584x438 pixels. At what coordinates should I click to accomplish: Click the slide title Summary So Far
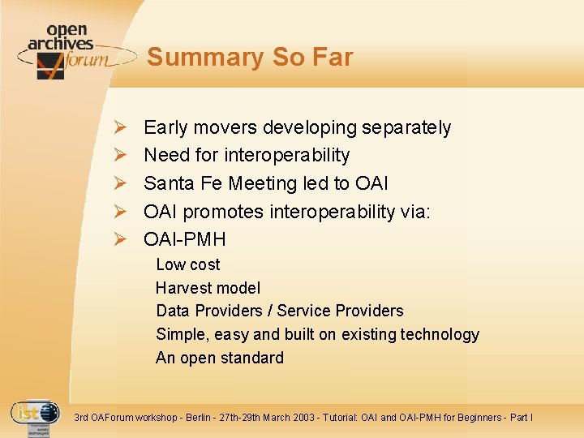pyautogui.click(x=250, y=58)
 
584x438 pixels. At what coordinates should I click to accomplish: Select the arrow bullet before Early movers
pyautogui.click(x=118, y=127)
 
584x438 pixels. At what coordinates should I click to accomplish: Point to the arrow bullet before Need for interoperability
pyautogui.click(x=118, y=155)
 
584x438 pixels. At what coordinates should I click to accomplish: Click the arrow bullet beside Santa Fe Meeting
pyautogui.click(x=118, y=183)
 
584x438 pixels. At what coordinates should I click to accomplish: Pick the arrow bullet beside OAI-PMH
pyautogui.click(x=118, y=239)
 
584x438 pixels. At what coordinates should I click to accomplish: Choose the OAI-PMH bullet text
pyautogui.click(x=184, y=239)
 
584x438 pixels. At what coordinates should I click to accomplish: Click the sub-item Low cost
pyautogui.click(x=187, y=264)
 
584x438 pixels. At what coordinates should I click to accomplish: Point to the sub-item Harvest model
pyautogui.click(x=208, y=288)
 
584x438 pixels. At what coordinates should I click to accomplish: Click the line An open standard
pyautogui.click(x=219, y=358)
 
